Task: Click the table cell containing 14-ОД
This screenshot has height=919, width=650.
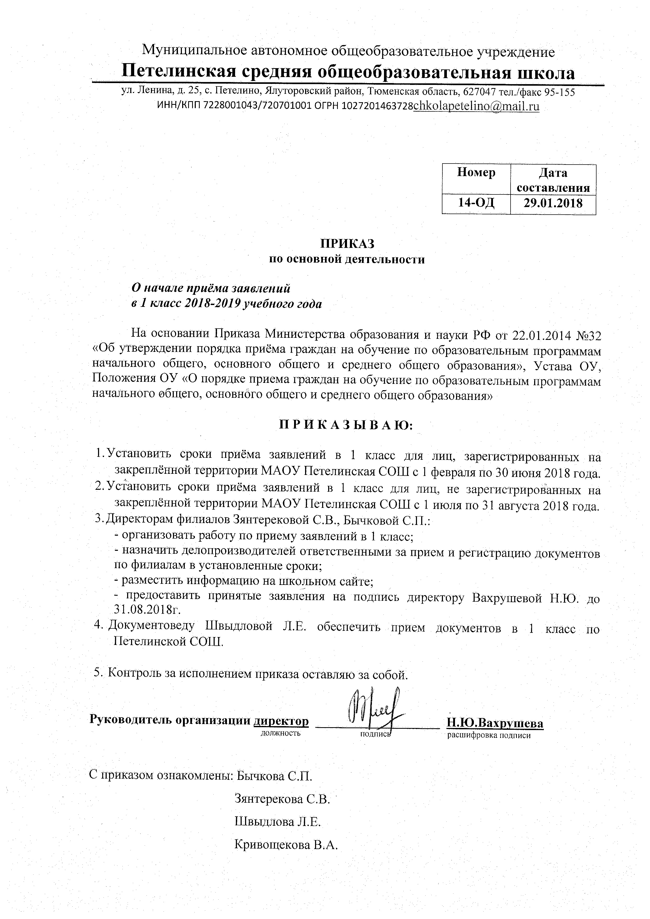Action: click(476, 203)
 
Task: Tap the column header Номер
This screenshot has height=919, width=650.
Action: click(476, 173)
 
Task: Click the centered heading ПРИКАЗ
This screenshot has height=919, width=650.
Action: click(346, 244)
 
